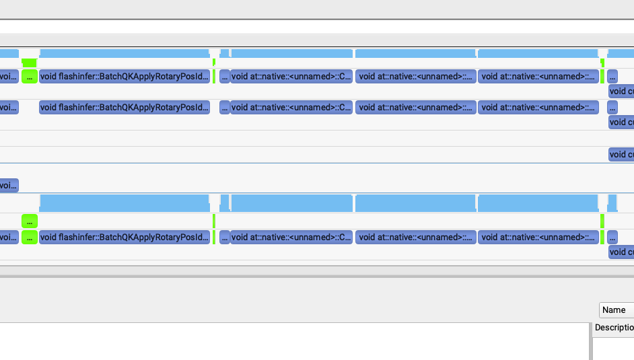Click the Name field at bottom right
click(616, 310)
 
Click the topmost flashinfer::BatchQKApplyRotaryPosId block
click(125, 76)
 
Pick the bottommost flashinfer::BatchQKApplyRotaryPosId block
click(125, 237)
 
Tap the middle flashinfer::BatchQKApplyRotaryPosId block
click(125, 107)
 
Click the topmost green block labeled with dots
click(29, 76)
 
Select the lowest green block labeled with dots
click(29, 237)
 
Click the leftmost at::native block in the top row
click(291, 76)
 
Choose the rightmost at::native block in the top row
click(538, 76)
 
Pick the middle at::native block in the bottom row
click(416, 237)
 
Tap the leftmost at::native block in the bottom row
click(291, 237)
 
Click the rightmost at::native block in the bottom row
click(538, 237)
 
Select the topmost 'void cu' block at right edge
click(621, 91)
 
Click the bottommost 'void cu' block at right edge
click(621, 252)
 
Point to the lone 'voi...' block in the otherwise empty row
click(9, 185)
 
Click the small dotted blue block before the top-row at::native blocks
click(225, 76)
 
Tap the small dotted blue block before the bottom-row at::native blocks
click(225, 237)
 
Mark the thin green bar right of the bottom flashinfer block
click(214, 237)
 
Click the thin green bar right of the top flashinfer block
click(214, 76)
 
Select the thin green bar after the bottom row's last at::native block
click(602, 237)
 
